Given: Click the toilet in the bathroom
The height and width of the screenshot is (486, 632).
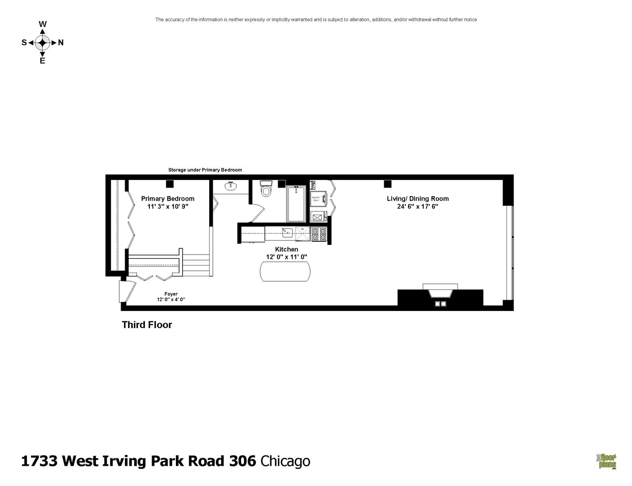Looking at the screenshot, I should [266, 189].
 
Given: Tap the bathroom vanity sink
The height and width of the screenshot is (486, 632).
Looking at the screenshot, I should [231, 186].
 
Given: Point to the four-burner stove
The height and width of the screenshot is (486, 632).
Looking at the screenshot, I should [318, 234].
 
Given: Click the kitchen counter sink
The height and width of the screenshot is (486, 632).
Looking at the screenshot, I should [287, 233].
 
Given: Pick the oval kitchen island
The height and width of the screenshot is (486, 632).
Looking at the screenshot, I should [285, 272].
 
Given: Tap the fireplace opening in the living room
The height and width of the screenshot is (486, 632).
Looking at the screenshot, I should [440, 293].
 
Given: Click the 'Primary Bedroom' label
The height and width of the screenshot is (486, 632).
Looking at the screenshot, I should [168, 198].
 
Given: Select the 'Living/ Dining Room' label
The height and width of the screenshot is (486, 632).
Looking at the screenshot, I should [417, 198].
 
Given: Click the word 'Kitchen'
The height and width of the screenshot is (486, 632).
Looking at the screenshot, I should [287, 249].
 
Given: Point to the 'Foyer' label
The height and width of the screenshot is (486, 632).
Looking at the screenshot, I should [171, 294].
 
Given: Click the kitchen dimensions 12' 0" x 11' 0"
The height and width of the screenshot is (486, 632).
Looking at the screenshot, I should [287, 257].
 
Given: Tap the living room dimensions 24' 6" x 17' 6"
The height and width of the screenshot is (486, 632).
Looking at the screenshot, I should [417, 207].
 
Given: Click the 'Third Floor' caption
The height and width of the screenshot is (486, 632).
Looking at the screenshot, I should [147, 325].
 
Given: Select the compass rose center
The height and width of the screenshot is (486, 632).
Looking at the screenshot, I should [42, 43].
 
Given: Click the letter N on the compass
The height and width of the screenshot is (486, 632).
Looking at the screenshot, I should [61, 43].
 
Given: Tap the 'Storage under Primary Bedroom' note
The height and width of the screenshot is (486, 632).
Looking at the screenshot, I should [205, 170].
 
